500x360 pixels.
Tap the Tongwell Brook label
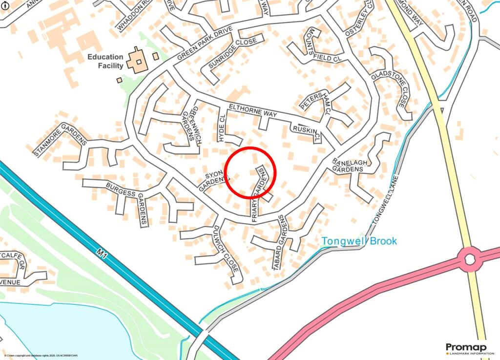tap(359, 241)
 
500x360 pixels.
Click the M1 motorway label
tap(102, 253)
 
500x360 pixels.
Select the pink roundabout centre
tap(470, 259)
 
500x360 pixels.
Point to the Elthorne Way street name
tap(252, 111)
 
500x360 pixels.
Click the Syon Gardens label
tap(213, 181)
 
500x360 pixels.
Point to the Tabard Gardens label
tap(280, 242)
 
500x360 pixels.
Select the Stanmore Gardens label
tap(60, 141)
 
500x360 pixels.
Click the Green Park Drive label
tap(205, 43)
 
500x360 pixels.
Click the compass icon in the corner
tap(4, 4)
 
